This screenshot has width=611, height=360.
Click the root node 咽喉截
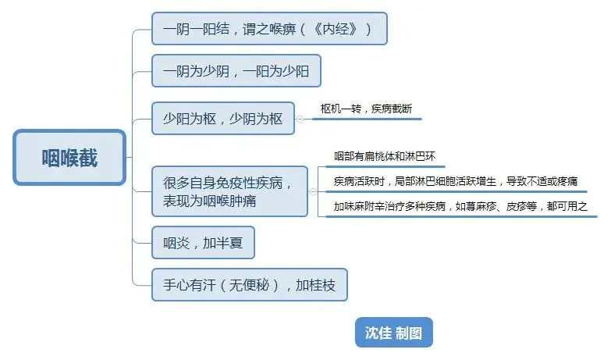click(69, 157)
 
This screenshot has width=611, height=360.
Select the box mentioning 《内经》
click(268, 29)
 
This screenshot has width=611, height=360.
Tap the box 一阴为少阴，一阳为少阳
click(236, 71)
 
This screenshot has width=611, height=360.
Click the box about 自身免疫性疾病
click(229, 191)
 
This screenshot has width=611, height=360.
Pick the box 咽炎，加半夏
click(203, 243)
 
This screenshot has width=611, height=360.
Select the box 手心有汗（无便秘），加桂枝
click(249, 285)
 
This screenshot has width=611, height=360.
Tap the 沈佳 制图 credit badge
click(393, 333)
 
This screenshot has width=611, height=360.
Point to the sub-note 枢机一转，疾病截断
click(365, 109)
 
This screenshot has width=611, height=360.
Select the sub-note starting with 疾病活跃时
click(456, 182)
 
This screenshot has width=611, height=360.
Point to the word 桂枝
click(323, 285)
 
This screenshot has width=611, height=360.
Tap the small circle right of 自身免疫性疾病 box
click(314, 191)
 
